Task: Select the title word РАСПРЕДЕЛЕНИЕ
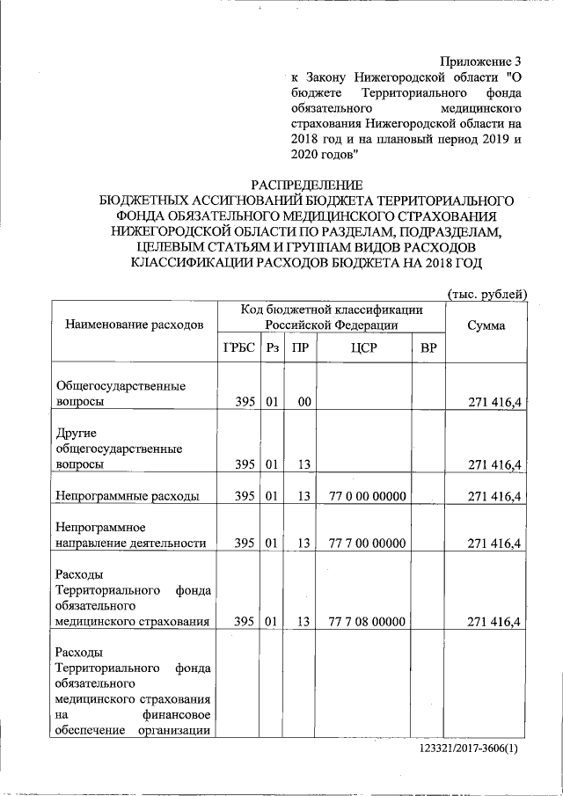[x=306, y=186]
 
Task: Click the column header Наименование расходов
[x=134, y=325]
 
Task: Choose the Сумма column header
[x=487, y=325]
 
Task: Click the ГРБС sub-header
[x=238, y=348]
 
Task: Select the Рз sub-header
[x=273, y=348]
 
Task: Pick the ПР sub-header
[x=301, y=348]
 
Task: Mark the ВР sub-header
[x=428, y=348]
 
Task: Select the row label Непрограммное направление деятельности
[x=130, y=536]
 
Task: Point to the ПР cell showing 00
[x=304, y=402]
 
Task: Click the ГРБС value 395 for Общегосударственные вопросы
[x=245, y=402]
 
